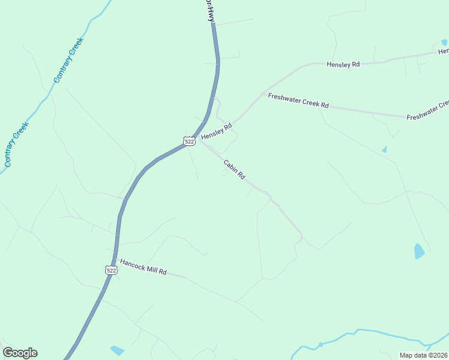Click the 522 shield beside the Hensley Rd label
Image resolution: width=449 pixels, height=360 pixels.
click(189, 141)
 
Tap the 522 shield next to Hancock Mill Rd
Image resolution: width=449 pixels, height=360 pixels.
click(110, 270)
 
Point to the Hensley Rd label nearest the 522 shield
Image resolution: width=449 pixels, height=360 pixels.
click(216, 131)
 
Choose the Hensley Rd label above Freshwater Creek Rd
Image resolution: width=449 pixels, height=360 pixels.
click(343, 64)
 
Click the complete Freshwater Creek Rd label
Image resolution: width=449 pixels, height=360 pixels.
click(298, 100)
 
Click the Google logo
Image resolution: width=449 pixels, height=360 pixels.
click(20, 353)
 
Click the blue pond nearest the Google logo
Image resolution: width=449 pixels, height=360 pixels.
click(118, 350)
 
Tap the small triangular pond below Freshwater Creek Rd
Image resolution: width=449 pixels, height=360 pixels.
click(384, 149)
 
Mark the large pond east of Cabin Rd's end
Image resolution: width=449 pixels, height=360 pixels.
click(419, 251)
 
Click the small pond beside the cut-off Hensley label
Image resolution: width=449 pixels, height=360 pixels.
click(444, 43)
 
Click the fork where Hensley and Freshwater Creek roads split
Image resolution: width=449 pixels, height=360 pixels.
click(262, 94)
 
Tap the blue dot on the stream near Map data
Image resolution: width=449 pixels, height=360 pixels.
click(321, 344)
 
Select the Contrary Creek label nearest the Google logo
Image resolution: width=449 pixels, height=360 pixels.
click(17, 144)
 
